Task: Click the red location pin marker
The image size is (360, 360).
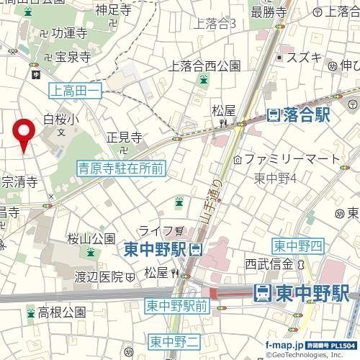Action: coord(25,134)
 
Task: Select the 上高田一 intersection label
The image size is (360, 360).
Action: coord(76,90)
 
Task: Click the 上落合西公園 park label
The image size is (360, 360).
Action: coord(204,66)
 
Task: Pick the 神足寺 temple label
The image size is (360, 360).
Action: coord(116,11)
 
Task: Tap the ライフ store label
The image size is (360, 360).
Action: coord(156,230)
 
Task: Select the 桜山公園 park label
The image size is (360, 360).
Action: coord(91,238)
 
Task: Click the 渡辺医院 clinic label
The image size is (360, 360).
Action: coord(100,276)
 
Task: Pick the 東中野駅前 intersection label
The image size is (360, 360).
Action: coord(176,306)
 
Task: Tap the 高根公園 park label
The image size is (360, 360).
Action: coord(62,312)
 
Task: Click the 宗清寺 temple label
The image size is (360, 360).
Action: coord(19,183)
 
